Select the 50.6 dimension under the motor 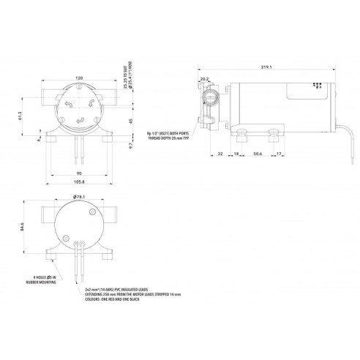[258, 154]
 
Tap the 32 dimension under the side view [220, 154]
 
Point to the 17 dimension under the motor [281, 154]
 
